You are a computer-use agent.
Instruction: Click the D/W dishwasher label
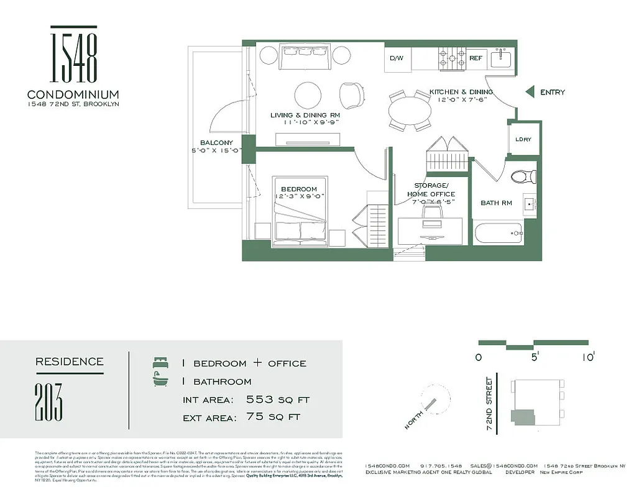coord(397,58)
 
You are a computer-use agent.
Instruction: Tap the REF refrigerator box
coord(476,58)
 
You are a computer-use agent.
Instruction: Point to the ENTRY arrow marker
coord(530,92)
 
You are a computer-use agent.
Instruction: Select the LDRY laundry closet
coord(523,139)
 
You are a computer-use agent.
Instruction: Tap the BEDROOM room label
coord(298,189)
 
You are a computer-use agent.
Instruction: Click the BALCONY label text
coord(216,143)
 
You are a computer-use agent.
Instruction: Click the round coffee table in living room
coord(309,96)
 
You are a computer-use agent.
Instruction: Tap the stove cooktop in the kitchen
coord(453,58)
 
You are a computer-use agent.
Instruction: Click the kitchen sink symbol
coord(500,58)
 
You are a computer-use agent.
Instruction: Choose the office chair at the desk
coord(432,213)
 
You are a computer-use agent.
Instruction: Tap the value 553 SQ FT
coord(277,399)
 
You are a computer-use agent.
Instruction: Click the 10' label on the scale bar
coord(588,357)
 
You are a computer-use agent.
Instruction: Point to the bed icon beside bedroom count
coord(160,362)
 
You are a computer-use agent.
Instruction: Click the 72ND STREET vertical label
coord(490,404)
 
